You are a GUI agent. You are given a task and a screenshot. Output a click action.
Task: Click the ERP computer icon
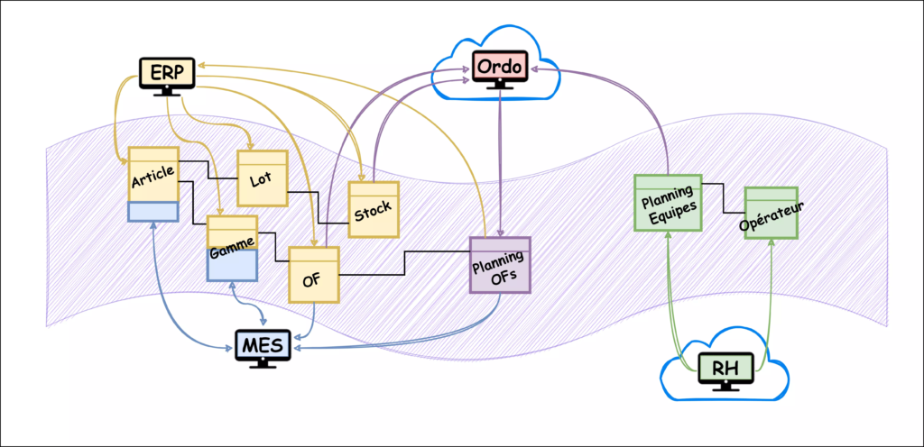tap(167, 76)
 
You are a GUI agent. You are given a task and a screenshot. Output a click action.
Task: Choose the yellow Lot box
tap(262, 178)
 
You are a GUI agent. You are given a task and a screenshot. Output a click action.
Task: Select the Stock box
tap(374, 209)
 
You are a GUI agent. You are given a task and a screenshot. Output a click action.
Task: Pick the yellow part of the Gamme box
tap(232, 233)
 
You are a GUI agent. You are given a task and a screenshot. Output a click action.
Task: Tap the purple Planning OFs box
tap(500, 265)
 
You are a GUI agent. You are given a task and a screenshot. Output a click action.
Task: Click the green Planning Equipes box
tap(668, 202)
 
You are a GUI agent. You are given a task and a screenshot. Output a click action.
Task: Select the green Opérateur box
tap(771, 213)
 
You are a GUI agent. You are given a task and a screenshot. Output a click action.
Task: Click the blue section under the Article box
tap(153, 211)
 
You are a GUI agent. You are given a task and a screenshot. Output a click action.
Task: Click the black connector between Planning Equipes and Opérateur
tap(724, 198)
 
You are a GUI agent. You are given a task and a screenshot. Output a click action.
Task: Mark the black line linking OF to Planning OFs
tap(403, 262)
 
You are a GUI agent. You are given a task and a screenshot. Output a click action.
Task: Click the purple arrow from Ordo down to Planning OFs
tap(500, 162)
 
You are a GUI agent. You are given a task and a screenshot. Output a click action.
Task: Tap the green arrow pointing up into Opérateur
tap(770, 297)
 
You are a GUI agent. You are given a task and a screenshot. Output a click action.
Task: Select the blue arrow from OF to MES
tap(310, 324)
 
